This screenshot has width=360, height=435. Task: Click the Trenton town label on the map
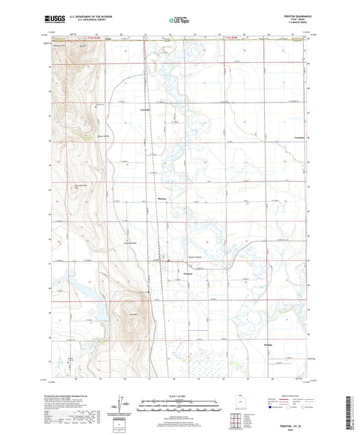(x=189, y=274)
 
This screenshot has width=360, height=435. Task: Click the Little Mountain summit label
(x=133, y=314)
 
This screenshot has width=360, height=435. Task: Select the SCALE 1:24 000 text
(x=179, y=395)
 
